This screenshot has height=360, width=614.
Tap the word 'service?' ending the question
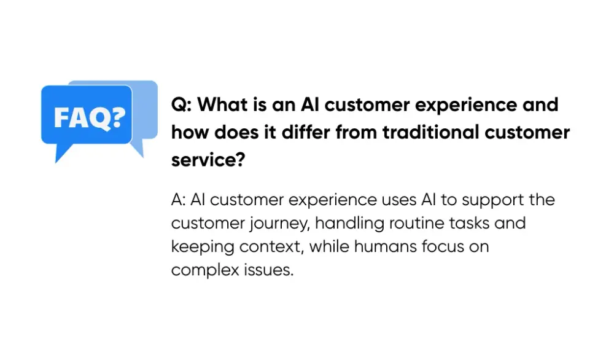[208, 160]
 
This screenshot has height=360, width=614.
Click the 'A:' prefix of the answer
[179, 200]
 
